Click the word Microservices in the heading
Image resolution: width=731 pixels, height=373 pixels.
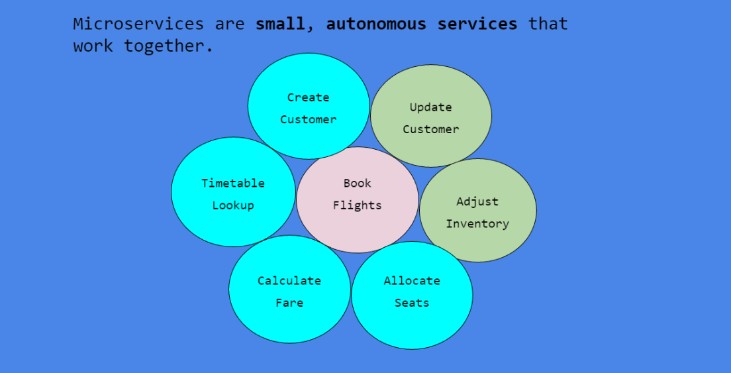(x=138, y=24)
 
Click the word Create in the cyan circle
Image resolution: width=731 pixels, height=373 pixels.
(x=308, y=97)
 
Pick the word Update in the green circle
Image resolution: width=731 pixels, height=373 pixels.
(x=430, y=107)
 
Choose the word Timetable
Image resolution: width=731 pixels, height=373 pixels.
(x=233, y=184)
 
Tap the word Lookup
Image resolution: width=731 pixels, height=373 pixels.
(x=233, y=205)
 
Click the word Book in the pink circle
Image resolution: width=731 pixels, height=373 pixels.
(x=358, y=184)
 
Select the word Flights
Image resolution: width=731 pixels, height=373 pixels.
(x=358, y=205)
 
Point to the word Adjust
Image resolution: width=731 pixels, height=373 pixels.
(x=477, y=201)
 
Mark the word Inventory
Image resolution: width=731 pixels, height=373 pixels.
(x=477, y=224)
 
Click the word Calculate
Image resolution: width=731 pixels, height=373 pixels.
(x=289, y=281)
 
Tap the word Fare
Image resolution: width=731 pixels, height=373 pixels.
(x=289, y=303)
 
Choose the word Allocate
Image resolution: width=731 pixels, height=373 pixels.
(x=412, y=281)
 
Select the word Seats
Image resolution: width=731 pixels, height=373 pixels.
(x=412, y=303)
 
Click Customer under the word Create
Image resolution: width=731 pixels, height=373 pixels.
(x=308, y=120)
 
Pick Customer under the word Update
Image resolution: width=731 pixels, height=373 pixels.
(x=430, y=130)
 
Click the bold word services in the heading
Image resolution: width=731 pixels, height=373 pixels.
(x=477, y=24)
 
